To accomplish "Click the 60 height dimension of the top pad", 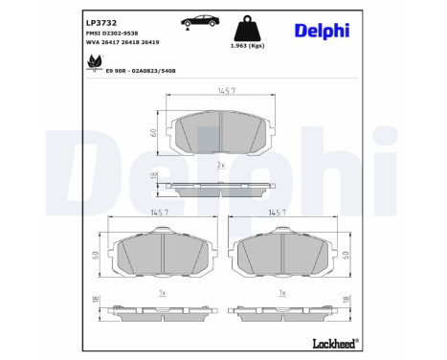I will [154, 132].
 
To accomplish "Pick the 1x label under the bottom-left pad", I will [162, 292].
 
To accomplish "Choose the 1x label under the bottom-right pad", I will [282, 292].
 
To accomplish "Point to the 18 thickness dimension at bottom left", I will [95, 302].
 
